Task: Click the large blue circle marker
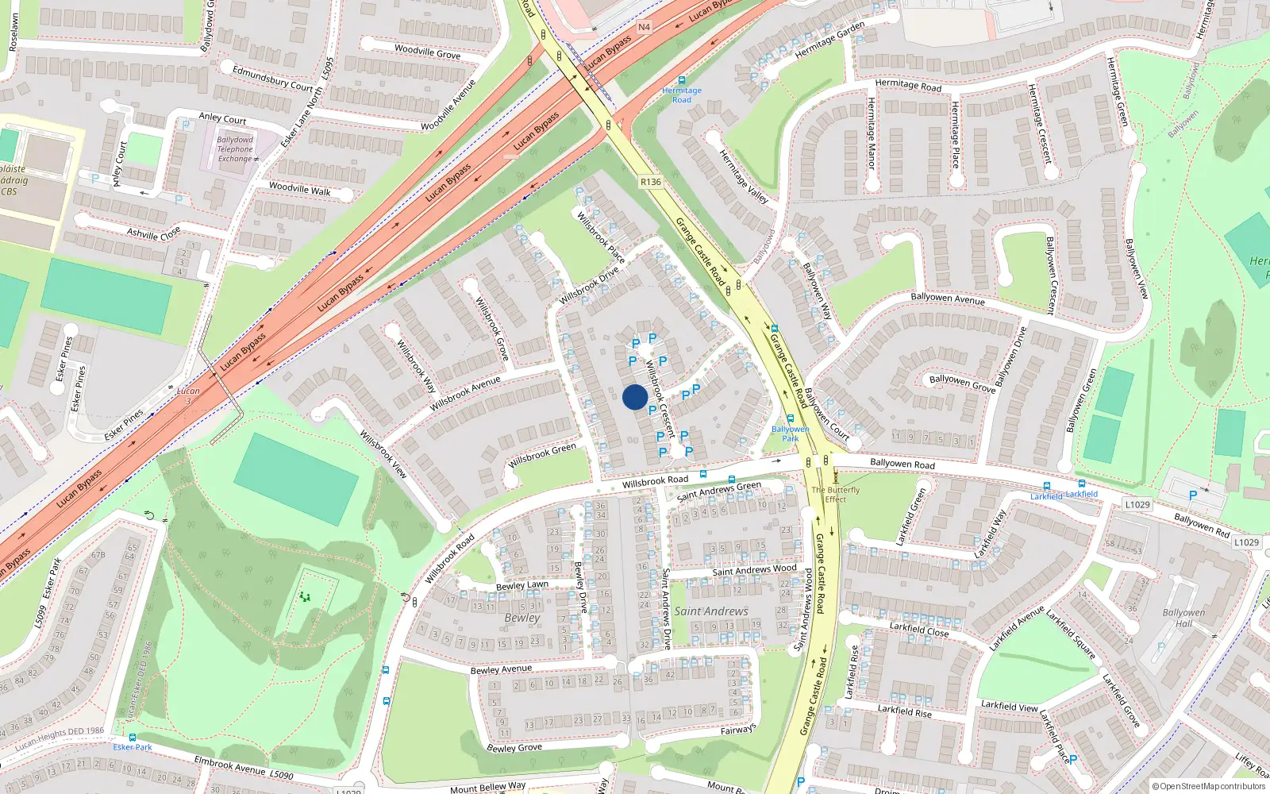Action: pyautogui.click(x=635, y=397)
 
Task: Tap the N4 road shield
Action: pyautogui.click(x=644, y=27)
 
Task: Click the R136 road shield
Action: pyautogui.click(x=651, y=182)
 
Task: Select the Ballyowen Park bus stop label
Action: pyautogui.click(x=790, y=434)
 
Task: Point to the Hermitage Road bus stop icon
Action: pyautogui.click(x=682, y=80)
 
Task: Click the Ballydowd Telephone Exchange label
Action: pyautogui.click(x=235, y=149)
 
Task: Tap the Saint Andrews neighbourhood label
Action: pyautogui.click(x=711, y=611)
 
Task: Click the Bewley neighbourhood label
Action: pyautogui.click(x=521, y=618)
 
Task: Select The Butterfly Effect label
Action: pyautogui.click(x=835, y=495)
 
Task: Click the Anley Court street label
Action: pyautogui.click(x=222, y=118)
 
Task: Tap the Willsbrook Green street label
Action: pyautogui.click(x=543, y=455)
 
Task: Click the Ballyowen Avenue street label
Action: pyautogui.click(x=948, y=299)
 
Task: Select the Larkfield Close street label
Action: pyautogui.click(x=919, y=630)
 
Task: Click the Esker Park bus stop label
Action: pyautogui.click(x=133, y=747)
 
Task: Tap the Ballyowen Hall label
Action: pyautogui.click(x=1183, y=618)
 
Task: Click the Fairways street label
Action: pyautogui.click(x=738, y=729)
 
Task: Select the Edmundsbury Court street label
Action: pyautogui.click(x=273, y=78)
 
